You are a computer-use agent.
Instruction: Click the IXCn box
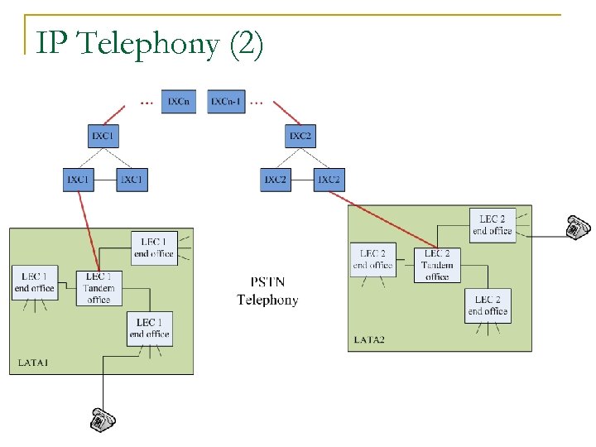point(178,101)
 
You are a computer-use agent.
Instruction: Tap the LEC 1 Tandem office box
point(99,287)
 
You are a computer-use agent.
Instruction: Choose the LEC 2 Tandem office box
point(437,264)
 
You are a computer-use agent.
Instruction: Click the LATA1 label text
point(34,363)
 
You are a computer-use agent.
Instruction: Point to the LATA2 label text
point(371,339)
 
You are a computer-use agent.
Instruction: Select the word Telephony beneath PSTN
point(267,300)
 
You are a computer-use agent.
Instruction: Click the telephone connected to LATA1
point(103,419)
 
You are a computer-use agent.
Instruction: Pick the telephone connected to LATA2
point(577,227)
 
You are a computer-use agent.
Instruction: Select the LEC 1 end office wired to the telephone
point(149,328)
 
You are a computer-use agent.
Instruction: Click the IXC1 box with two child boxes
point(103,135)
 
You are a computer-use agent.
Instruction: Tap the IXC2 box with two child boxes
point(300,135)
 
